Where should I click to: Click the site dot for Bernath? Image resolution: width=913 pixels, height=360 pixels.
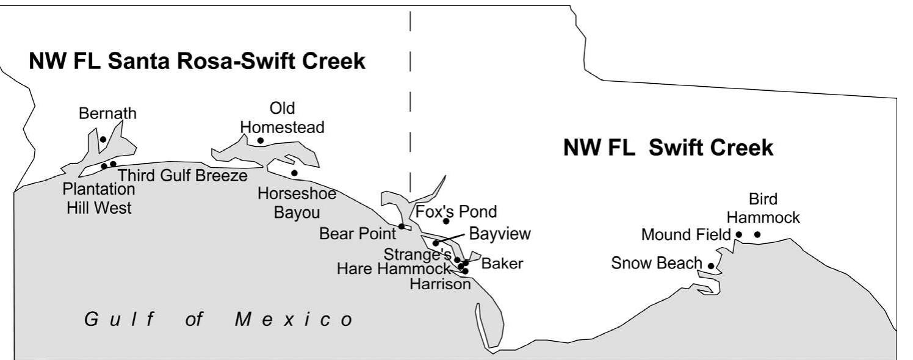(x=103, y=140)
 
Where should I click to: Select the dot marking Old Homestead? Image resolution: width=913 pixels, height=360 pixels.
(x=261, y=141)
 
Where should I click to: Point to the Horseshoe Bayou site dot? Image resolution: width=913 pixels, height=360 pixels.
(x=294, y=173)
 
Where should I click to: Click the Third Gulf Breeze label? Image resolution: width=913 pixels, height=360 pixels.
(x=182, y=176)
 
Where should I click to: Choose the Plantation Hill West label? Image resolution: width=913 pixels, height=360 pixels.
(x=99, y=198)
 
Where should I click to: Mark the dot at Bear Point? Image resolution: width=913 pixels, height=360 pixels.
(x=402, y=226)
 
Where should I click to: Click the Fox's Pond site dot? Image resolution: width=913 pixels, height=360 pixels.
(x=446, y=221)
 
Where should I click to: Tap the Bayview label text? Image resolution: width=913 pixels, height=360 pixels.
(x=500, y=234)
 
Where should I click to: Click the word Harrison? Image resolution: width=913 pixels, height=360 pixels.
(x=440, y=283)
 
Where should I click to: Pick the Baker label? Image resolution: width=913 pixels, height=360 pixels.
(x=502, y=264)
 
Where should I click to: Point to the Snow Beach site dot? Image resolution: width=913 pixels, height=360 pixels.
(x=711, y=265)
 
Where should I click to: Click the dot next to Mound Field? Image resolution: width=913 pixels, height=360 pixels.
(x=738, y=234)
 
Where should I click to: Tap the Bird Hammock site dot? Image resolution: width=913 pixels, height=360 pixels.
(x=757, y=234)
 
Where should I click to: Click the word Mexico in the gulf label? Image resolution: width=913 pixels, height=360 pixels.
(x=294, y=320)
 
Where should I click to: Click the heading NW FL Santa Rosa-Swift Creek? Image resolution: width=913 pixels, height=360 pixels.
(x=197, y=62)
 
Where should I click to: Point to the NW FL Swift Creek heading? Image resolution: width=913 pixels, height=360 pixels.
(x=668, y=148)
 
